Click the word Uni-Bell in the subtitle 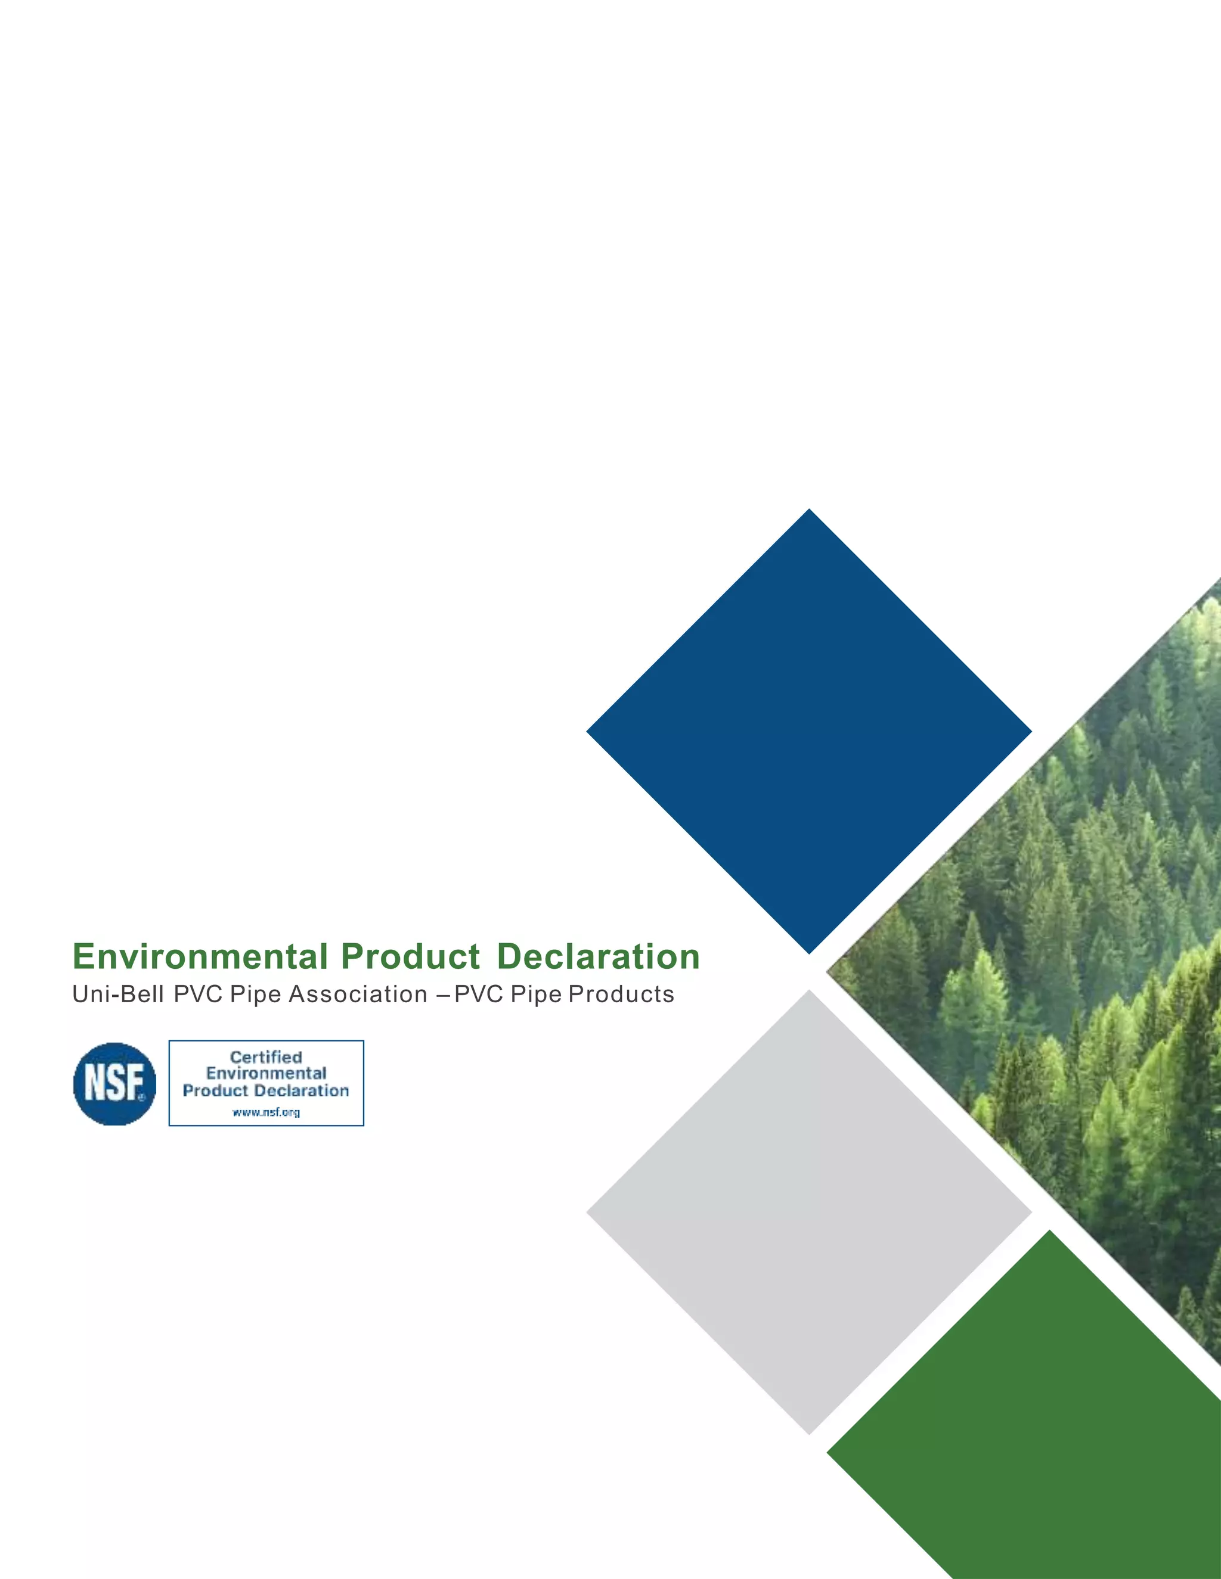pos(119,995)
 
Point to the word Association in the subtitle pos(358,995)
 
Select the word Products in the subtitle pos(621,995)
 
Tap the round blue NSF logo pos(114,1084)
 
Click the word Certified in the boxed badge pos(265,1057)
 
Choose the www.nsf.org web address pos(265,1112)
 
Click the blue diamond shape pos(808,731)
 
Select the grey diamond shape pos(808,1213)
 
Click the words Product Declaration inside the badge pos(265,1090)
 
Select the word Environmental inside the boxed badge pos(265,1074)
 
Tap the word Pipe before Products pos(536,995)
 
